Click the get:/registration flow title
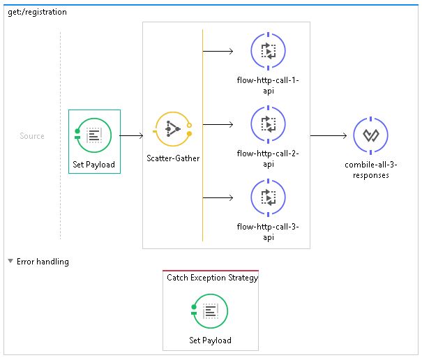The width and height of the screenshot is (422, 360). (37, 12)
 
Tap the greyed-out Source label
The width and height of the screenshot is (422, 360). (32, 136)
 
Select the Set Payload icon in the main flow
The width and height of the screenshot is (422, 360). (94, 135)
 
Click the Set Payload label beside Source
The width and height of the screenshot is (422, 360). (94, 165)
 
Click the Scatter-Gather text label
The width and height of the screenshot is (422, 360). (173, 158)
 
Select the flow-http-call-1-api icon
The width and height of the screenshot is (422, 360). (269, 50)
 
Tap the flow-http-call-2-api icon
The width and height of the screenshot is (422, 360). (269, 124)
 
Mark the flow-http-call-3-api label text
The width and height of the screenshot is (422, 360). (269, 232)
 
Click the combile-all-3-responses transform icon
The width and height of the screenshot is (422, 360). (370, 135)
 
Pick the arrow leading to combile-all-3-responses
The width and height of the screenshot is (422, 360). (329, 135)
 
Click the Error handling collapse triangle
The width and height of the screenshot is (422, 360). (10, 262)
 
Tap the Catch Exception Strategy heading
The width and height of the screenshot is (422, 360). (212, 278)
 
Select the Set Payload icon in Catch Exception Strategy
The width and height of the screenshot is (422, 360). (211, 312)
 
